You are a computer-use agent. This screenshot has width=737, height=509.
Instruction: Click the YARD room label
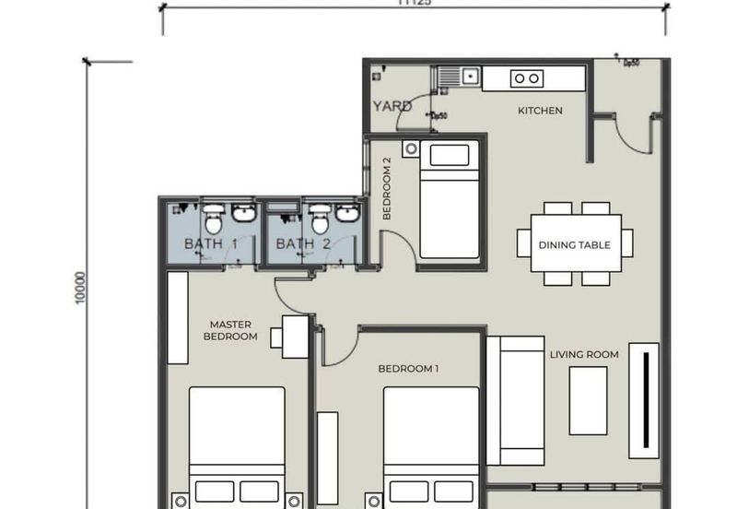pos(392,106)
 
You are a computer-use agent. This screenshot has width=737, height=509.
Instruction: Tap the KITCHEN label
pos(540,111)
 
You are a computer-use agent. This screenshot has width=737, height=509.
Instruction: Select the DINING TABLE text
pos(575,245)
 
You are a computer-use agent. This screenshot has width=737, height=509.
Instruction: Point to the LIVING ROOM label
pos(584,354)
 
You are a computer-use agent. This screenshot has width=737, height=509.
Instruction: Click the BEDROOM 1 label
pos(408,369)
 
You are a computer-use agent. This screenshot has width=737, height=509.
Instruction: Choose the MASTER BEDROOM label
pos(230,330)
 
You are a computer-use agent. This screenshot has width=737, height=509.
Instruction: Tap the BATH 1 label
pos(211,244)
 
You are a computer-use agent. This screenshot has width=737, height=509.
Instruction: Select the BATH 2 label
pos(303,244)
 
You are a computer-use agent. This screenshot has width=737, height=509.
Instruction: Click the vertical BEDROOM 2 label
pos(388,188)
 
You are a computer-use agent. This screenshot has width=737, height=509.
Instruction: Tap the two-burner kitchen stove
pos(527,79)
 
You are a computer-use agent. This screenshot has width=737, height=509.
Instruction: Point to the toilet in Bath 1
pos(213,220)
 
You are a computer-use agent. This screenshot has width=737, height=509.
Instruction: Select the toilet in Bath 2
pos(320,220)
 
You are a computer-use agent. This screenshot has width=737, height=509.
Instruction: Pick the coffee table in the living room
pos(588,400)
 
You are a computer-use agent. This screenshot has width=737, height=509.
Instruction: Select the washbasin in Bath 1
pos(244,214)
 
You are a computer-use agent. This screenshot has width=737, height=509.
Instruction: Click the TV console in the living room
pos(644,400)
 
